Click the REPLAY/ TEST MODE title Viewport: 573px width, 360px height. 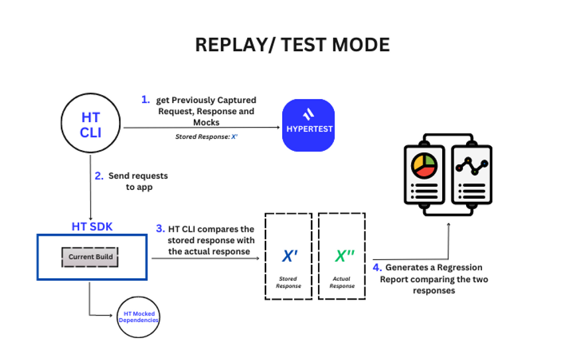292,45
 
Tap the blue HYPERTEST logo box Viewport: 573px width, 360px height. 308,125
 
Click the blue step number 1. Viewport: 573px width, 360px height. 145,100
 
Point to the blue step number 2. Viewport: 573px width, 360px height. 99,176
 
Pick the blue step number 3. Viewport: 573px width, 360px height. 160,228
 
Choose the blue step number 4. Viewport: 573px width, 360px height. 377,268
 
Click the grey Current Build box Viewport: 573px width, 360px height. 90,257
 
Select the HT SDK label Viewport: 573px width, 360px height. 92,226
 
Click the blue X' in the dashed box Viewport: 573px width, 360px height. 289,256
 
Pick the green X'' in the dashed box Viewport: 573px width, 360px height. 343,256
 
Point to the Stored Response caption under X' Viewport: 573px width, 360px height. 288,282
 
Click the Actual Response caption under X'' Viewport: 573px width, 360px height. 343,282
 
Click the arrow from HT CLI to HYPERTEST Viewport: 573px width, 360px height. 199,128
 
